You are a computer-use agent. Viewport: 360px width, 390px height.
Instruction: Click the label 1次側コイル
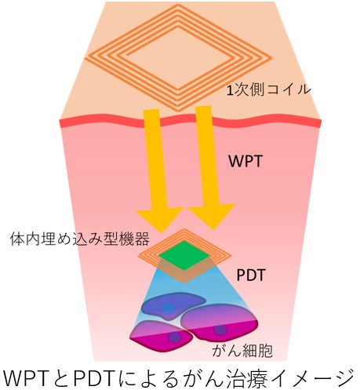coord(269,91)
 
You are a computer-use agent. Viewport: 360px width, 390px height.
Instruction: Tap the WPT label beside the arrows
coord(245,161)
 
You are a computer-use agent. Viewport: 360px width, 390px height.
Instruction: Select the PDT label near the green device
coord(251,275)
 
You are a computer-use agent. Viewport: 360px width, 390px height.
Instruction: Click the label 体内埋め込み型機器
coord(79,239)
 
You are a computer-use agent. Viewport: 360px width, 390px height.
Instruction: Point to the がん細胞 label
coord(242,350)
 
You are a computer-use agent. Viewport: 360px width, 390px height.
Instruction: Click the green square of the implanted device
coord(184,255)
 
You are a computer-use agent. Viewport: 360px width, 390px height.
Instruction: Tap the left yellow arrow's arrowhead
coord(159,218)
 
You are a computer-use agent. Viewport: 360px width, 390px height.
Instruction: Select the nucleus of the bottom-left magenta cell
coord(174,337)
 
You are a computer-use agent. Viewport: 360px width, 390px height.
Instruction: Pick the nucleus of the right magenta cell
coord(220,330)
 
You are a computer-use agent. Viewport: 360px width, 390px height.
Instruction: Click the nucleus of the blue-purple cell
coord(167,308)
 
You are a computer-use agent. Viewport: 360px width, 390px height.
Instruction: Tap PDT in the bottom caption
coord(94,378)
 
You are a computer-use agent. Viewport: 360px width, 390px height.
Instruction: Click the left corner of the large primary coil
coord(85,57)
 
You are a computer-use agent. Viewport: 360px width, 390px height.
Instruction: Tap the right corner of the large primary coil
coord(272,57)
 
